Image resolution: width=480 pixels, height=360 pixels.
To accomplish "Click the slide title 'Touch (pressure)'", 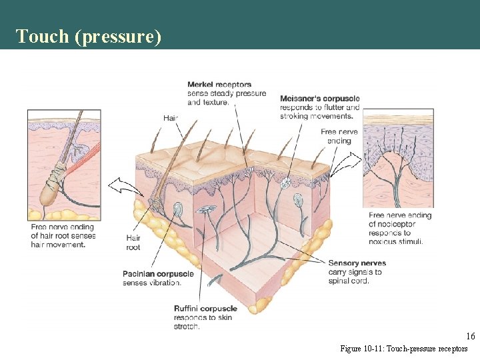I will pyautogui.click(x=89, y=36).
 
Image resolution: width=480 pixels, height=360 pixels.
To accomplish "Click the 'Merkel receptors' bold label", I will pyautogui.click(x=219, y=85).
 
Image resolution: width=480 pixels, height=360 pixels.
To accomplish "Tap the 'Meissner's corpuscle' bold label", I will pyautogui.click(x=319, y=99).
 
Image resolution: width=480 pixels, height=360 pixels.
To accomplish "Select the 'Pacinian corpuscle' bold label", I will pyautogui.click(x=158, y=274).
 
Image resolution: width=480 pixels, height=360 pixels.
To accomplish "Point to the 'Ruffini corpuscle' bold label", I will pyautogui.click(x=205, y=309).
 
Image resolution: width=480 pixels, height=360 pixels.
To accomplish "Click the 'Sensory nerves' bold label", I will pyautogui.click(x=357, y=263).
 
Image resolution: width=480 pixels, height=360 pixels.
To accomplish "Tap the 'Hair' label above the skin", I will pyautogui.click(x=171, y=118).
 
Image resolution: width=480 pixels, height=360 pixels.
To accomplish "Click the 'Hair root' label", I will pyautogui.click(x=133, y=243).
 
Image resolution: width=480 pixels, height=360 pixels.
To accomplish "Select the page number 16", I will pyautogui.click(x=471, y=336).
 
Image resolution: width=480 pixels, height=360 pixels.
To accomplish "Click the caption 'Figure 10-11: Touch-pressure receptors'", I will pyautogui.click(x=404, y=349).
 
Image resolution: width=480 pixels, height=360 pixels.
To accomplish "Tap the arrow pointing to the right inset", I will pyautogui.click(x=351, y=161).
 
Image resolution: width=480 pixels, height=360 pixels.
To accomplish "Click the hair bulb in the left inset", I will pyautogui.click(x=48, y=193).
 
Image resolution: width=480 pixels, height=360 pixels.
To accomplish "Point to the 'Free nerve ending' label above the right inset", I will pyautogui.click(x=339, y=136).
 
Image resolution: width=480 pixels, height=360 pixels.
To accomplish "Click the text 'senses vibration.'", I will pyautogui.click(x=151, y=283).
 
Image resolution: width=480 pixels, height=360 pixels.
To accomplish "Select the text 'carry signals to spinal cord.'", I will pyautogui.click(x=355, y=276).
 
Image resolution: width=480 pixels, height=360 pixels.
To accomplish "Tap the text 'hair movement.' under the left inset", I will pyautogui.click(x=58, y=245).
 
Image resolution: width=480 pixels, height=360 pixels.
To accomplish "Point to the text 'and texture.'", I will pyautogui.click(x=208, y=102).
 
